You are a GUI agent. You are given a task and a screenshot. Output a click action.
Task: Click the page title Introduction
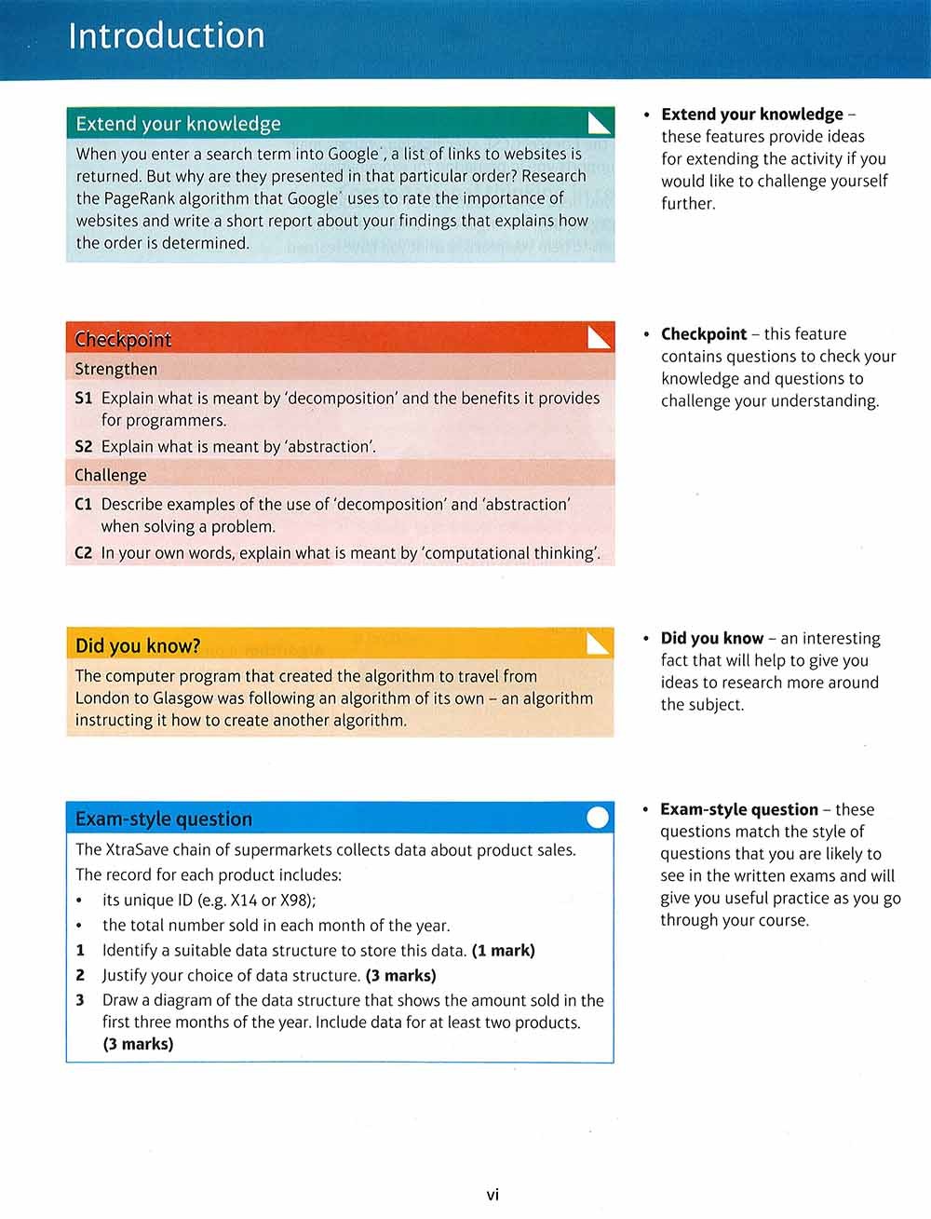(x=167, y=36)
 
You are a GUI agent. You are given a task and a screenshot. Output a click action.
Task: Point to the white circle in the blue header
(x=600, y=818)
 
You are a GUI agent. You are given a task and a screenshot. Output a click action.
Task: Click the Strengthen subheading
(x=116, y=369)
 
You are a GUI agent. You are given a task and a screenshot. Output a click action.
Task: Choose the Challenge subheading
(x=111, y=475)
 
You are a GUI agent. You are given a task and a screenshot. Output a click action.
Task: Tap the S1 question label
(x=84, y=399)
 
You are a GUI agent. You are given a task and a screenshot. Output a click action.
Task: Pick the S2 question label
(x=84, y=447)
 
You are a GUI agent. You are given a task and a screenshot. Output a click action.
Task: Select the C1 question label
(x=84, y=505)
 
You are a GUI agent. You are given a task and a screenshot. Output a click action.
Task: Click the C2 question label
(x=84, y=553)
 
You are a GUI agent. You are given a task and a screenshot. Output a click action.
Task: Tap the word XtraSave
(x=136, y=850)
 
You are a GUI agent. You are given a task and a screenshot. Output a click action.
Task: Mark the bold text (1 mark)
(x=504, y=951)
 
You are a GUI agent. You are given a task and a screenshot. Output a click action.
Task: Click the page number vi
(x=492, y=1195)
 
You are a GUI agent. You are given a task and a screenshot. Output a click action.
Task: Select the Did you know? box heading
(x=138, y=645)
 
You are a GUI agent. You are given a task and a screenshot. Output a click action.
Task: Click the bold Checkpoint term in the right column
(x=704, y=334)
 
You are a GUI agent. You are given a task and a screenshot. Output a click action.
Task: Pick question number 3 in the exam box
(x=80, y=1000)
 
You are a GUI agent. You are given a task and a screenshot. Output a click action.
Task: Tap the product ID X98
(x=296, y=901)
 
